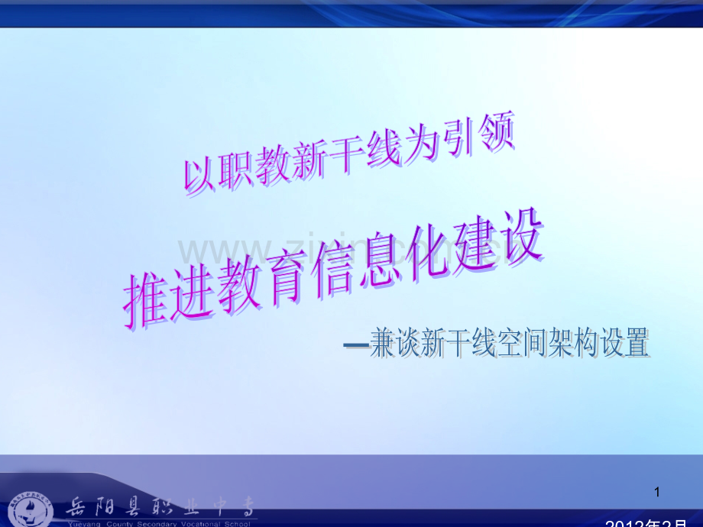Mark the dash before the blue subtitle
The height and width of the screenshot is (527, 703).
355,345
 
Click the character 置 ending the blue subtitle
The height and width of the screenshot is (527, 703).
636,344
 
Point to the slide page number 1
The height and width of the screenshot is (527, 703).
657,493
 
